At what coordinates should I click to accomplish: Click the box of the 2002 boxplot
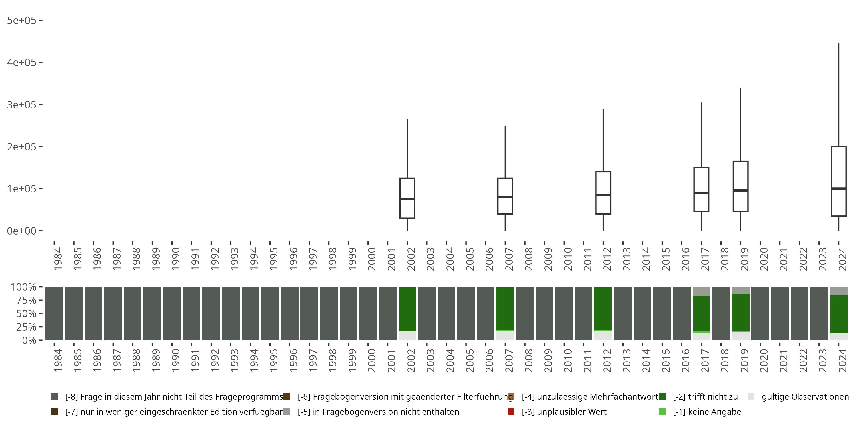coord(407,208)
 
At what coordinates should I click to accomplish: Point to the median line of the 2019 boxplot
coord(740,190)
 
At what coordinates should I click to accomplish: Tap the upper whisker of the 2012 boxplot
coord(603,140)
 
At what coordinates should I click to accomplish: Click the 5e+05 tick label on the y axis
coord(21,21)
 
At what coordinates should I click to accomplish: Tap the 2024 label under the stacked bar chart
coord(842,360)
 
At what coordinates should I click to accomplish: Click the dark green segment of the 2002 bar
coord(407,308)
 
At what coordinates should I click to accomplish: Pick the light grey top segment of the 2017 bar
coord(701,291)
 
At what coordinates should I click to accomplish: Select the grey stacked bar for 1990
coord(172,313)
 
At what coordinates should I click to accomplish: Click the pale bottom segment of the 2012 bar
coord(603,336)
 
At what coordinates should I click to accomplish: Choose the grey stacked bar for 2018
coord(721,313)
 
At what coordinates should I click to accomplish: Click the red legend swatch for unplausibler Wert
coord(511,412)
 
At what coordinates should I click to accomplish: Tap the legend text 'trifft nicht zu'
coord(705,397)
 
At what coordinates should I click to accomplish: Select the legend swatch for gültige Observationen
coord(751,397)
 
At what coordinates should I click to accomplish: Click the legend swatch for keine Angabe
coord(662,412)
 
